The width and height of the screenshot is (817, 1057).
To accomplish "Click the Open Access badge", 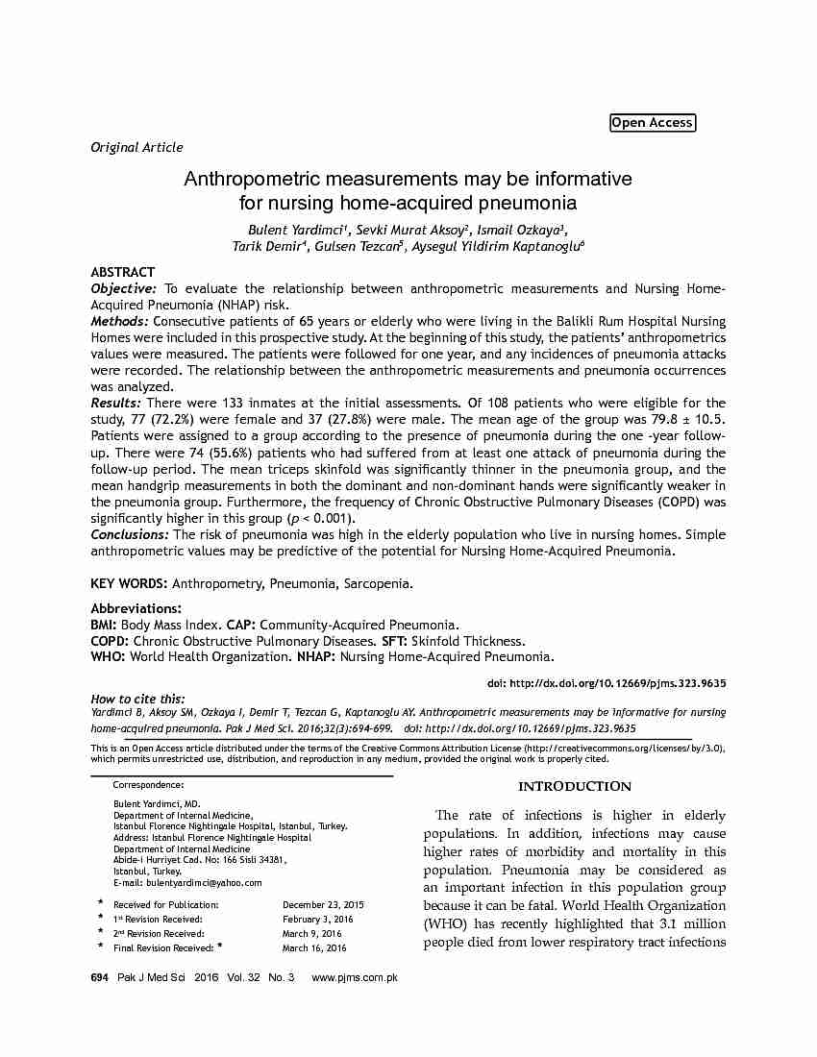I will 652,123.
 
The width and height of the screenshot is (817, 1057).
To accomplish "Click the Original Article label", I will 136,147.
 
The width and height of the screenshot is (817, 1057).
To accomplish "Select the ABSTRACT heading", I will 122,272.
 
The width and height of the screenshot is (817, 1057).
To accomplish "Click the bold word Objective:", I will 123,288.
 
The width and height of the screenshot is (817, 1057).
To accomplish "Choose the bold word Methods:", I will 120,321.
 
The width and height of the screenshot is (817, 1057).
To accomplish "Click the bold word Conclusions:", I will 130,534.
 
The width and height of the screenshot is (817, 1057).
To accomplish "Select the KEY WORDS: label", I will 129,583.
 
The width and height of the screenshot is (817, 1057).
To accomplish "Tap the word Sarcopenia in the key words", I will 382,583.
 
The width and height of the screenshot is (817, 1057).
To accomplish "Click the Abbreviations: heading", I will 136,608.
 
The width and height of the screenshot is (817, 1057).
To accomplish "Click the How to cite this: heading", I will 137,699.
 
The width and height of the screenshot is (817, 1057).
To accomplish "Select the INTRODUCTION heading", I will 575,787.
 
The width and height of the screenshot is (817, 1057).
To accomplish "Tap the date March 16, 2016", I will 314,948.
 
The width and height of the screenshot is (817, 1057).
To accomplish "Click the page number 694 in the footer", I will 99,977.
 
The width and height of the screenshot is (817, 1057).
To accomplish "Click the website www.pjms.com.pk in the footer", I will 355,977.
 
